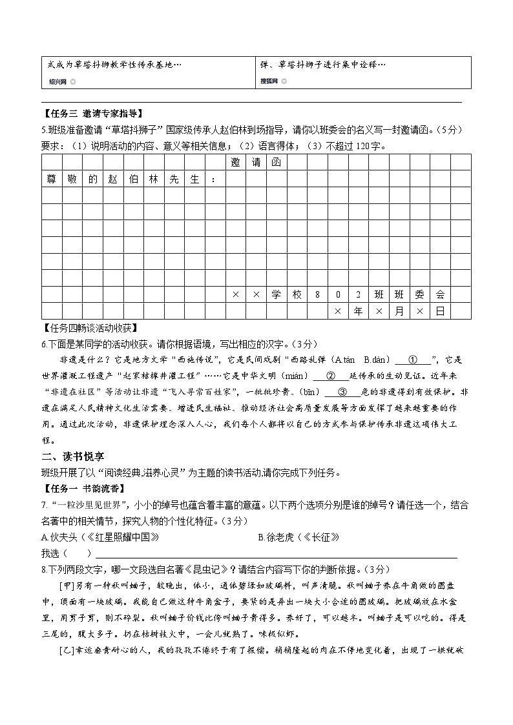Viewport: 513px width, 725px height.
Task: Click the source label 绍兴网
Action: click(x=57, y=81)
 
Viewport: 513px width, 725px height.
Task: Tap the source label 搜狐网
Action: click(x=269, y=81)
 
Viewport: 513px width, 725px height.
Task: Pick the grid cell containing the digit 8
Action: click(x=317, y=294)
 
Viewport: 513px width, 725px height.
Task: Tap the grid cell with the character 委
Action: click(x=420, y=294)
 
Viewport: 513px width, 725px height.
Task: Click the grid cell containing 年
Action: click(x=358, y=311)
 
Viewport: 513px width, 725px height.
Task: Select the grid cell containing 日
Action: click(x=440, y=311)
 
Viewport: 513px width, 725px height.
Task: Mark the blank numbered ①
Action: click(x=414, y=360)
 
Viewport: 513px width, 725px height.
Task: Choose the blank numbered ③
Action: click(x=342, y=391)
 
